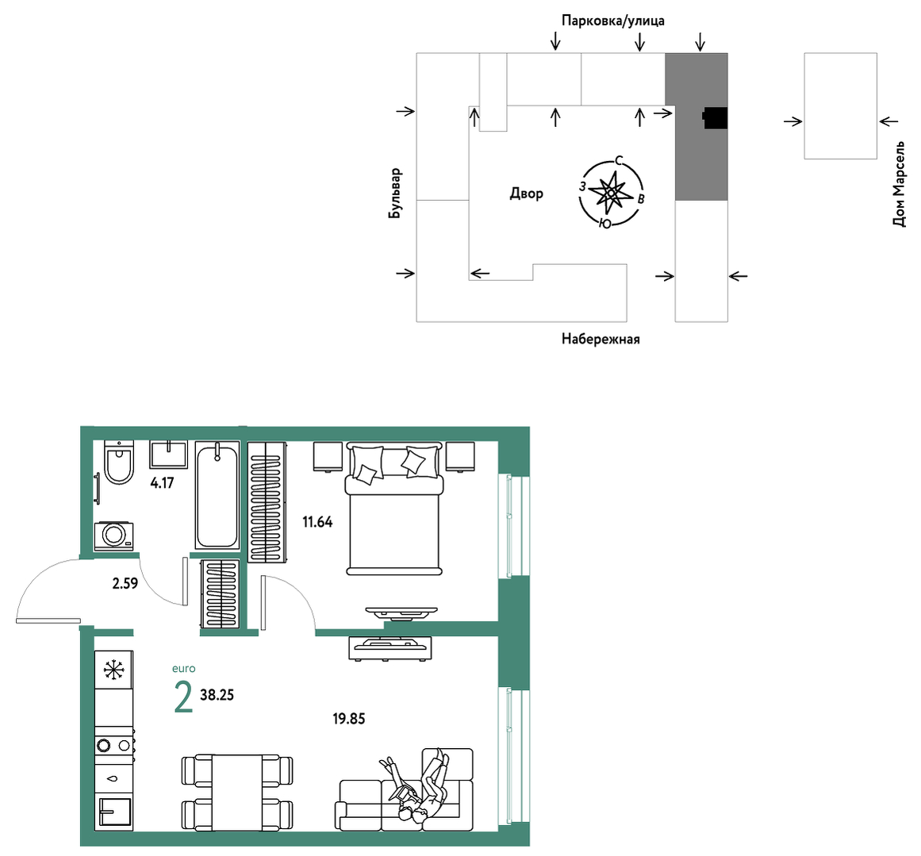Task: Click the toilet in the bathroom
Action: pos(119,462)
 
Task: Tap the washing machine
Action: pos(114,535)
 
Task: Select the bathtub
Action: pos(217,496)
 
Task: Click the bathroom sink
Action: pos(169,455)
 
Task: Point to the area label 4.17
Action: pos(162,483)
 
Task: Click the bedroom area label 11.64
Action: pos(317,522)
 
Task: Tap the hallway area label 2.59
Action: pos(125,583)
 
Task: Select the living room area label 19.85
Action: pos(349,719)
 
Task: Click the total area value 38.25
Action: pos(217,695)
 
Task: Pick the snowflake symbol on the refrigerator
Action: pos(114,670)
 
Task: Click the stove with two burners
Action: pos(114,745)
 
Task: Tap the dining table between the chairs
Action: pos(236,793)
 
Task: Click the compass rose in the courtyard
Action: pos(611,193)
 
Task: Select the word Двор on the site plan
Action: pos(526,194)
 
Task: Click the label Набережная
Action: pos(601,339)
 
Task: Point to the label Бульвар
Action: pos(395,194)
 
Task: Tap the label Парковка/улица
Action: pos(613,21)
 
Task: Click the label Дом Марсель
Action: pos(899,184)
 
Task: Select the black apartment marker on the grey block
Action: pos(716,118)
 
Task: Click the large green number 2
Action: pos(183,697)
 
